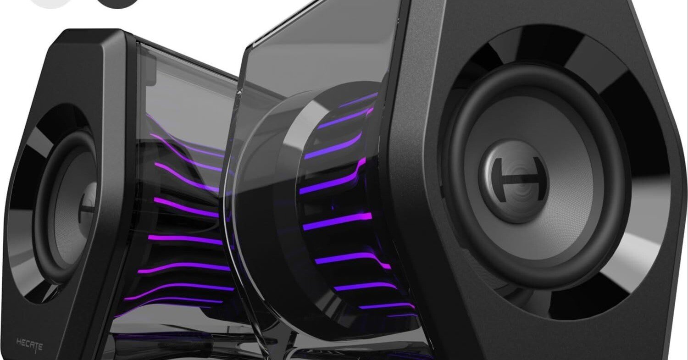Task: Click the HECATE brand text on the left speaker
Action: tap(29, 344)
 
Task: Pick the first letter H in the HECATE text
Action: tap(19, 342)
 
